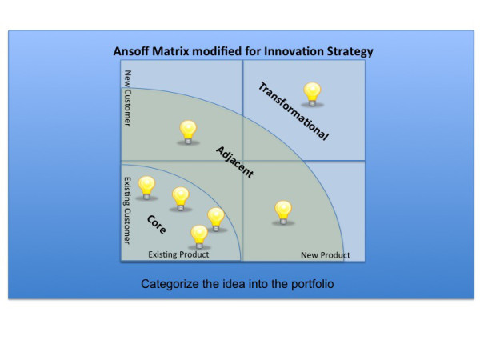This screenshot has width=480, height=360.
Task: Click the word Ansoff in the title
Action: pos(131,51)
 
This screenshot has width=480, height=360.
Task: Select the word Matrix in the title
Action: pos(170,51)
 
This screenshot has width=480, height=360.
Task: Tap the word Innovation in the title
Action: pos(294,51)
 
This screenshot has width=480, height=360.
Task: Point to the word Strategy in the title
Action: pos(350,52)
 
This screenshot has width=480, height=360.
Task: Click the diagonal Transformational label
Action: pos(294,111)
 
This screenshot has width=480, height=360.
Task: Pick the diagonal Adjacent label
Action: pos(234,162)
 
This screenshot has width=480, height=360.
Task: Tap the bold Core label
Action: pos(157,224)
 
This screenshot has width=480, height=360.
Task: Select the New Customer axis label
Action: pos(128,98)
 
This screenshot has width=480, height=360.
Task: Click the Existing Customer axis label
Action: pos(127,210)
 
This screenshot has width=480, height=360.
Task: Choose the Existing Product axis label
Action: pos(178,254)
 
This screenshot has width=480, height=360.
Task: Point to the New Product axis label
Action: pos(326,255)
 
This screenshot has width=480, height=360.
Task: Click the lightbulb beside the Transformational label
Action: pos(312,94)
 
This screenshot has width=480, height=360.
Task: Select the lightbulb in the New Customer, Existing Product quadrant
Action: pos(188,133)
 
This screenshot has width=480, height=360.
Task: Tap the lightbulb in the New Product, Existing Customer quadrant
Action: pos(283,213)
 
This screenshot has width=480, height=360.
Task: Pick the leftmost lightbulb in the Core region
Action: pos(146,188)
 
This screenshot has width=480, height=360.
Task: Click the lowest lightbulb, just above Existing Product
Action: pos(199,238)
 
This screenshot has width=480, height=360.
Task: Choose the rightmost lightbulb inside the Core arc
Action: pos(216,220)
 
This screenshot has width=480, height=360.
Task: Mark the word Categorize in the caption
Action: pos(170,284)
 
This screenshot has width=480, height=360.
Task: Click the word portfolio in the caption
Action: pos(312,284)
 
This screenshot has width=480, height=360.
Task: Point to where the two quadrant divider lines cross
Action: pos(242,161)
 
